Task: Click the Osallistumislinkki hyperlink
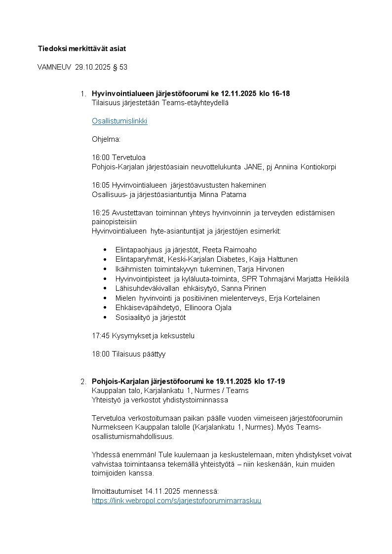pyautogui.click(x=119, y=121)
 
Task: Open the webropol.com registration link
pyautogui.click(x=176, y=501)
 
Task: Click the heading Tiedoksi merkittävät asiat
pyautogui.click(x=82, y=48)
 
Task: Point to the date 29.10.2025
pyautogui.click(x=93, y=67)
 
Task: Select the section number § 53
pyautogui.click(x=120, y=67)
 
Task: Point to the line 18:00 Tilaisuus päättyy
pyautogui.click(x=128, y=354)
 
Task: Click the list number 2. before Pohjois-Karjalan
pyautogui.click(x=83, y=382)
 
